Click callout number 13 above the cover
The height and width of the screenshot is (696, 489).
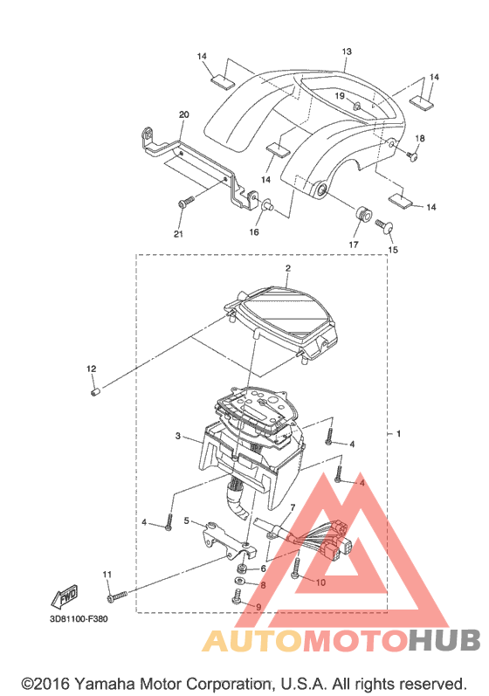point(347,52)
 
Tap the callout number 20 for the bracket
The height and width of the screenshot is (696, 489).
point(183,114)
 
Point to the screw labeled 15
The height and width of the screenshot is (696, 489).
point(384,225)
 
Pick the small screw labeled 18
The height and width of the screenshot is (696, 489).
point(412,155)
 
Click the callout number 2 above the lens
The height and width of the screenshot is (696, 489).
point(288,268)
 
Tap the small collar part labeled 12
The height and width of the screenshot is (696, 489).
point(94,392)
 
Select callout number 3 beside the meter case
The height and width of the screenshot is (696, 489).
point(178,436)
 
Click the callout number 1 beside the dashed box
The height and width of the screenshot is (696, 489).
point(398,433)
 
